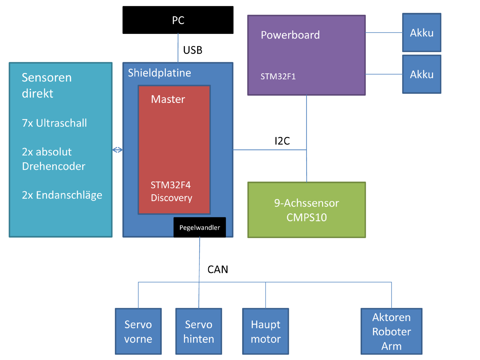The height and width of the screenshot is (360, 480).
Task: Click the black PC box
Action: (178, 20)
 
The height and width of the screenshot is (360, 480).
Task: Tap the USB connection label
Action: (193, 50)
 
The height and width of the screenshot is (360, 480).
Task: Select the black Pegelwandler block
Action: (200, 228)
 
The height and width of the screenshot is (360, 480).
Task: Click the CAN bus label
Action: (218, 269)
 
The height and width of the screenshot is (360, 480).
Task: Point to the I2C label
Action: (282, 141)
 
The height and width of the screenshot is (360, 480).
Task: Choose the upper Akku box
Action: (421, 33)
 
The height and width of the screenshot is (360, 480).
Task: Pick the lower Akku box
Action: (421, 74)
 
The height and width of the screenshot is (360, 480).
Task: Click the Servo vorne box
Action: (138, 332)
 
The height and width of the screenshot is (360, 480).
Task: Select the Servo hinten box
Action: (199, 332)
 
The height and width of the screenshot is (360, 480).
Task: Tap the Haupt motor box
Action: (266, 332)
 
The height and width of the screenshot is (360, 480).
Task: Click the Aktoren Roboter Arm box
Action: (391, 332)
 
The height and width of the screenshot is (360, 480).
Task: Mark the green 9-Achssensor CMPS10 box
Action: (307, 210)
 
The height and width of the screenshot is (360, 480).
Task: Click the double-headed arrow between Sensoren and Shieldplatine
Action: (117, 150)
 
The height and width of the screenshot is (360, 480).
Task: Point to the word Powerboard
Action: (290, 35)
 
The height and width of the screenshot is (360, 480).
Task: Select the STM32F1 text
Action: (278, 76)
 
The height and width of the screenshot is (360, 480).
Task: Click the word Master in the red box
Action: (168, 99)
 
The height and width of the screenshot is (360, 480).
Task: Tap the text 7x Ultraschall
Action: (54, 123)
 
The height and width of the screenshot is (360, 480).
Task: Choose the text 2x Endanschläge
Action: (62, 195)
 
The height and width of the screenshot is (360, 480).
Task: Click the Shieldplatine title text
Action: (159, 73)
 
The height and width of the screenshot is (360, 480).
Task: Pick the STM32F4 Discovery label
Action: (172, 191)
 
